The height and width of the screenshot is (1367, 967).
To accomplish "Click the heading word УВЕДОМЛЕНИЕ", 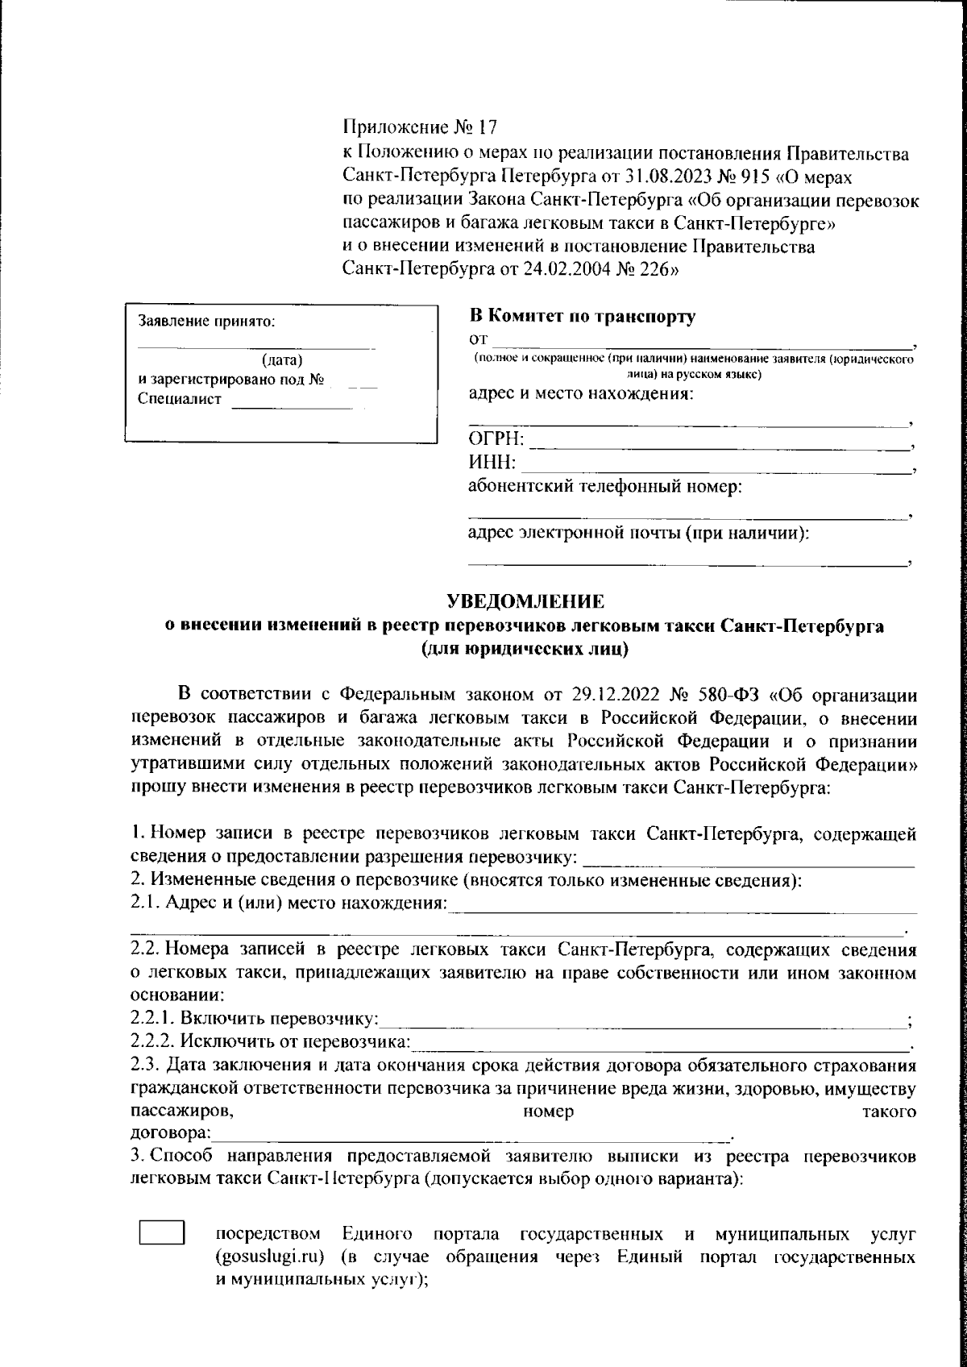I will [x=525, y=601].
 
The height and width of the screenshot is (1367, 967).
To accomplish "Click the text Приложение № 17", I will [x=421, y=127].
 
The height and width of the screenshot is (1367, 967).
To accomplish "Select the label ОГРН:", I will [x=496, y=440].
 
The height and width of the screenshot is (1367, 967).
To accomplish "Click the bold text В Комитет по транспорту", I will [x=582, y=317].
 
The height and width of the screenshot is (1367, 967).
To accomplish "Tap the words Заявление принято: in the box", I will [x=207, y=320].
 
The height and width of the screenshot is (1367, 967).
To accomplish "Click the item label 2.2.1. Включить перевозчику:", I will [x=255, y=1020].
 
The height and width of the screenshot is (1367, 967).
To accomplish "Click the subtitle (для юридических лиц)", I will [x=525, y=647].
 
